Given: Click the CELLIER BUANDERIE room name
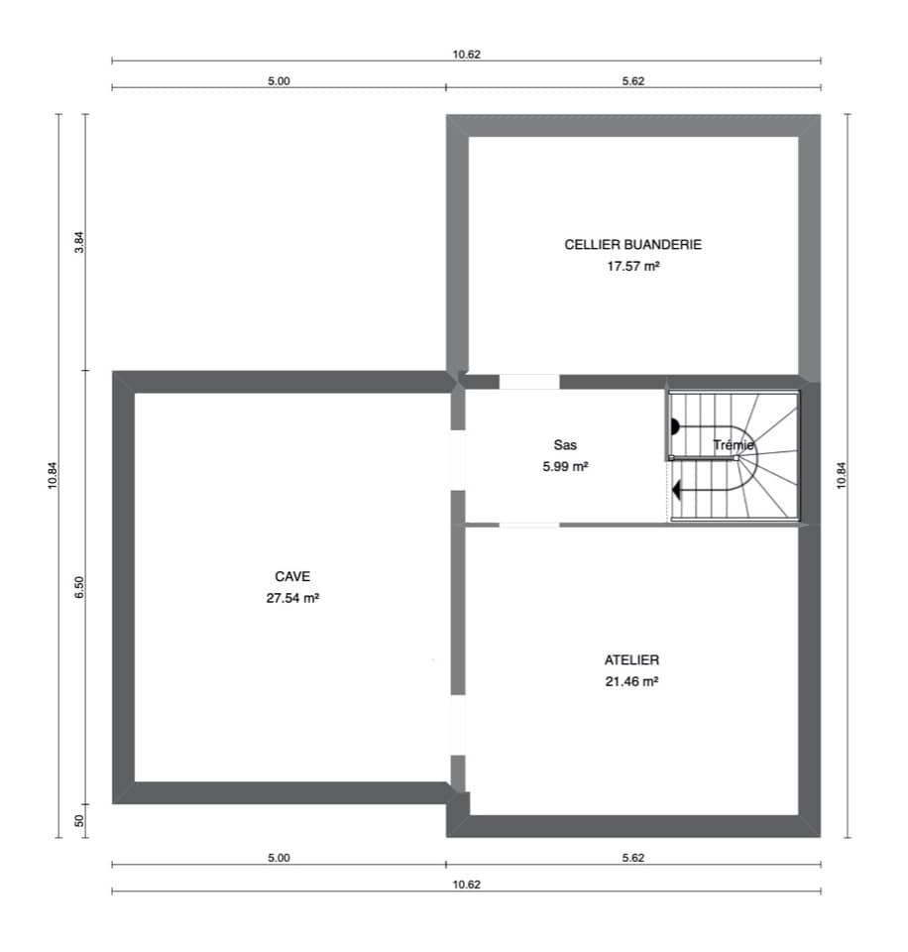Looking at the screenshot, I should (x=632, y=245).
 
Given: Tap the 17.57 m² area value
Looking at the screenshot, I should (x=632, y=267).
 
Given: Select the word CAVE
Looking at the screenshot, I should (x=292, y=576).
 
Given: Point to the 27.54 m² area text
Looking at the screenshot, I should (x=292, y=598).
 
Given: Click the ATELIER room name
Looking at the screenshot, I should (x=631, y=659).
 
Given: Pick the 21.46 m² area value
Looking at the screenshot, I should (x=631, y=681).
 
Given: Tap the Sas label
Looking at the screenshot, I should (x=565, y=445).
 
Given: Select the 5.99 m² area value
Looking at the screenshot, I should (x=565, y=466).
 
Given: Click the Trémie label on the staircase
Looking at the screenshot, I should (x=734, y=445).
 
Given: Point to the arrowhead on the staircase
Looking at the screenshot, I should (x=676, y=489).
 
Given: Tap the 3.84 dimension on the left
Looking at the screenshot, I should (x=80, y=242).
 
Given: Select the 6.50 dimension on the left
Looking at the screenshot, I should (x=80, y=587).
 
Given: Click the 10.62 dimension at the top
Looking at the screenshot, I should (x=466, y=55).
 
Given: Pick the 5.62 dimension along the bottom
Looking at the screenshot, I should (x=633, y=858).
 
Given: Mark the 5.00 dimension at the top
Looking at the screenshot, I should (x=279, y=81).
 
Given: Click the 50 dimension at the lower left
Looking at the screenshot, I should (x=80, y=820).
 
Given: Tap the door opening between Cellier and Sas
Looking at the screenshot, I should (x=528, y=382).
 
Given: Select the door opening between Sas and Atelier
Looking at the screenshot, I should (x=528, y=525).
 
